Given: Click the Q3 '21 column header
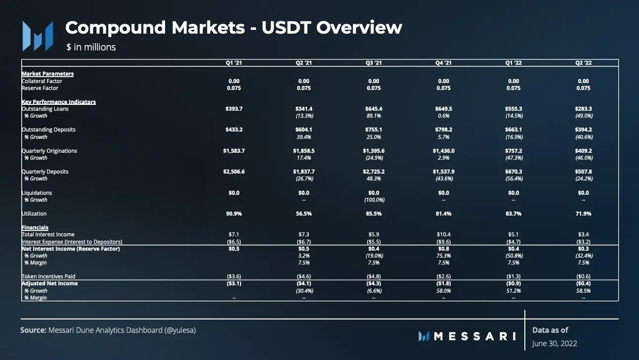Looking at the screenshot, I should (374, 63).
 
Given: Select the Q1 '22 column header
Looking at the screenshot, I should (513, 63).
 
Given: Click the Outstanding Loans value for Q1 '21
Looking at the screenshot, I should (234, 109).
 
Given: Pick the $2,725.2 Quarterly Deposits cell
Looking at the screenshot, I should (374, 172).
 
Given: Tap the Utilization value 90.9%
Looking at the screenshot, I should (234, 214).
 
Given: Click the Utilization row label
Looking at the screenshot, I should (34, 214).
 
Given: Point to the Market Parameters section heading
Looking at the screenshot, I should (47, 74).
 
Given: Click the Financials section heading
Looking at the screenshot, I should (35, 227).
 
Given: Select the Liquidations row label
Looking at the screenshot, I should (37, 193).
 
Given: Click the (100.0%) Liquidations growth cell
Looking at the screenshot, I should (374, 200).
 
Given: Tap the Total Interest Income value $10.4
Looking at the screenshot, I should (444, 234).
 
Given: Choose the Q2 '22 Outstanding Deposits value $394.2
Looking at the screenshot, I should (584, 130).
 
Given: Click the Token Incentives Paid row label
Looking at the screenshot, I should (48, 276).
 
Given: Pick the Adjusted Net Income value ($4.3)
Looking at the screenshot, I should (374, 283).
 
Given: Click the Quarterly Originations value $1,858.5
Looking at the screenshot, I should (304, 151).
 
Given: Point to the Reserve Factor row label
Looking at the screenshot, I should (40, 88).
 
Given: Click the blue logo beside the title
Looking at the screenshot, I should (38, 36).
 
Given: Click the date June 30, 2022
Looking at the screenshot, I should (554, 343).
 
